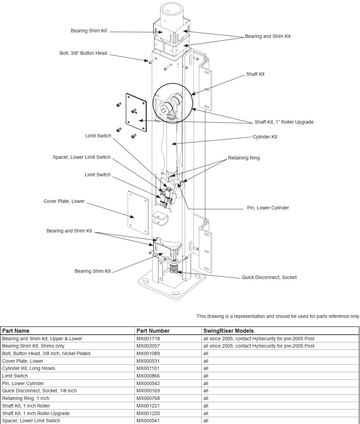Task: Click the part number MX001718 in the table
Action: pos(148,339)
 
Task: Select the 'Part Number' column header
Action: pos(153,331)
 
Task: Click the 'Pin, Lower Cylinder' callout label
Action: pos(268,208)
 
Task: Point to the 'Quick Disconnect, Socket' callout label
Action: pos(269,277)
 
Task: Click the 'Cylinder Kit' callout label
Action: pos(265,137)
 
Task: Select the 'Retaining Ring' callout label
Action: pos(244,158)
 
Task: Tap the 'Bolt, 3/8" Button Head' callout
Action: pos(83,53)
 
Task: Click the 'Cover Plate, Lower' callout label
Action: pos(64,201)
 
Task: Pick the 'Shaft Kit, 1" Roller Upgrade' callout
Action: pos(284,122)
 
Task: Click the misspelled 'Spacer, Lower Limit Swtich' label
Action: pos(82,157)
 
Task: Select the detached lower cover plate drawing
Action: pos(138,213)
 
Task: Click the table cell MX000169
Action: pos(148,391)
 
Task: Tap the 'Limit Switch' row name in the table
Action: pos(15,376)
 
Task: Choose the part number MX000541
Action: pos(148,421)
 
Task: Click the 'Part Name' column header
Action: pos(16,331)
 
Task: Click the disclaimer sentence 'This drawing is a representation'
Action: pos(278,316)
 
